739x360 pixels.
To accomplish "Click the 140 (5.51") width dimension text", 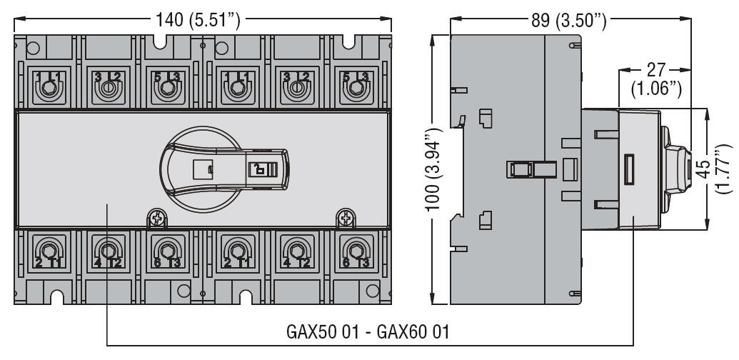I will [203, 20].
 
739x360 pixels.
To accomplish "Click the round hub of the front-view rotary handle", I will [203, 169].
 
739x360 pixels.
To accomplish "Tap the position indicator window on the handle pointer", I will [256, 169].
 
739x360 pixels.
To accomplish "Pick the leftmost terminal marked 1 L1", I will [47, 88].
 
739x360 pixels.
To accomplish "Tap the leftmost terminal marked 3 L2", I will [107, 88].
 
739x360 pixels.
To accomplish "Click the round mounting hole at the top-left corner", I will [31, 49].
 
